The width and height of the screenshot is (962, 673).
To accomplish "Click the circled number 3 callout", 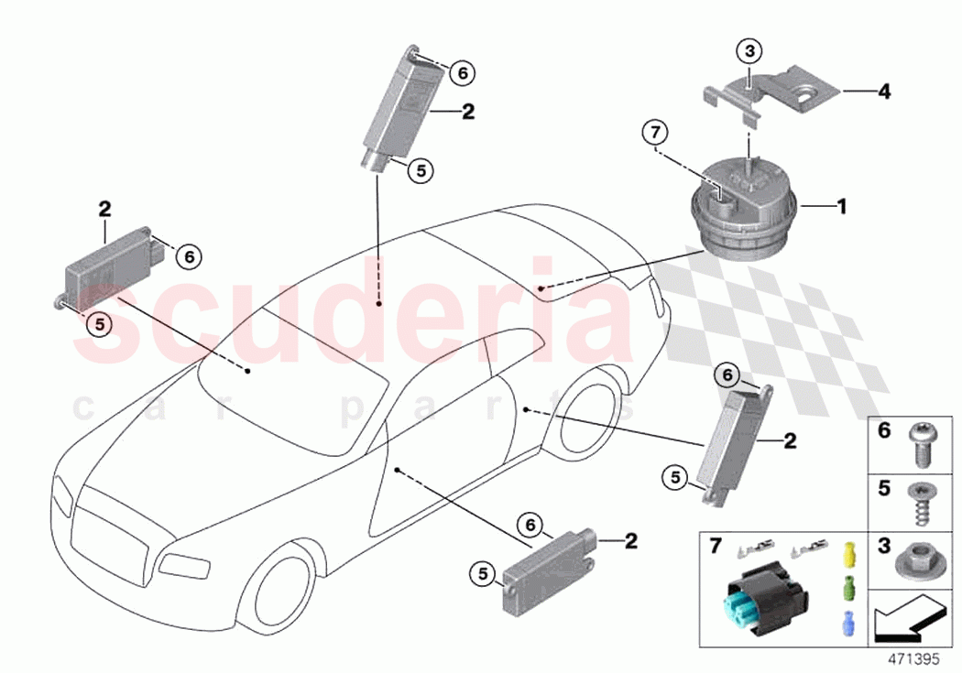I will pyautogui.click(x=749, y=51).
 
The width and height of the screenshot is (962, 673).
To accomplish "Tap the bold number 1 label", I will pyautogui.click(x=841, y=207).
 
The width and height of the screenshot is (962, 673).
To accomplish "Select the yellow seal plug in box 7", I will pyautogui.click(x=847, y=554).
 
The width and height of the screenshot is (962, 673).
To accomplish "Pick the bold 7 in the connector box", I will pyautogui.click(x=716, y=547).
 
